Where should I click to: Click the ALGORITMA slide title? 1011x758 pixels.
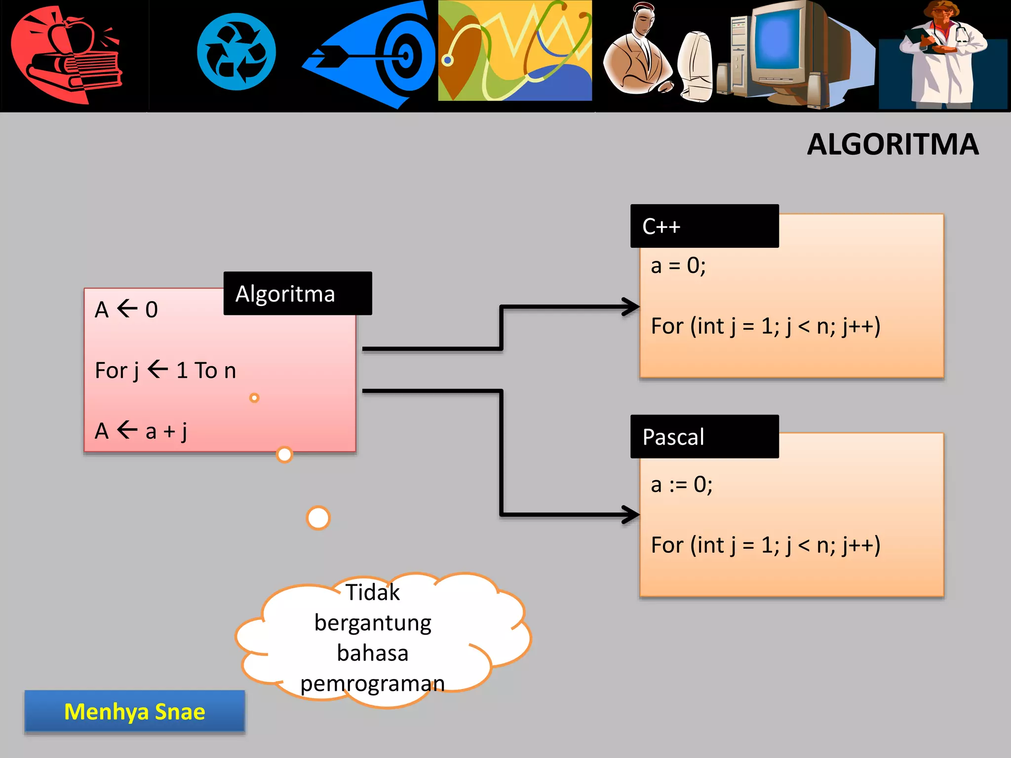(x=893, y=145)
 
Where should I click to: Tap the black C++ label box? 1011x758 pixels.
(x=704, y=226)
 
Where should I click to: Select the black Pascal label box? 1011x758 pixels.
(x=704, y=437)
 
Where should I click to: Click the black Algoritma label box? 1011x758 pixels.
(x=297, y=294)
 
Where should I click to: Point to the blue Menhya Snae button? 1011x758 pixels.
(x=135, y=711)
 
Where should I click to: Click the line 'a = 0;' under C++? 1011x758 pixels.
(x=678, y=266)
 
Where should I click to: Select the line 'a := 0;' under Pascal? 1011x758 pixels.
(x=682, y=485)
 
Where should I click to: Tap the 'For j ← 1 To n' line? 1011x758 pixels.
(x=165, y=371)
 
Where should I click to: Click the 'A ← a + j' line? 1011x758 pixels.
(x=141, y=431)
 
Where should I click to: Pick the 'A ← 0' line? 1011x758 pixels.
(x=126, y=310)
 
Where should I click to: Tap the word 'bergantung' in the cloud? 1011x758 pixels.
(x=373, y=623)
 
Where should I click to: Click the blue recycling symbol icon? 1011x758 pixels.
(x=236, y=52)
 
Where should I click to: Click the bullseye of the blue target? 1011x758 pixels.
(x=406, y=55)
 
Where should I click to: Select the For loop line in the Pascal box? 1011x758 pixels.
(x=765, y=545)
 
